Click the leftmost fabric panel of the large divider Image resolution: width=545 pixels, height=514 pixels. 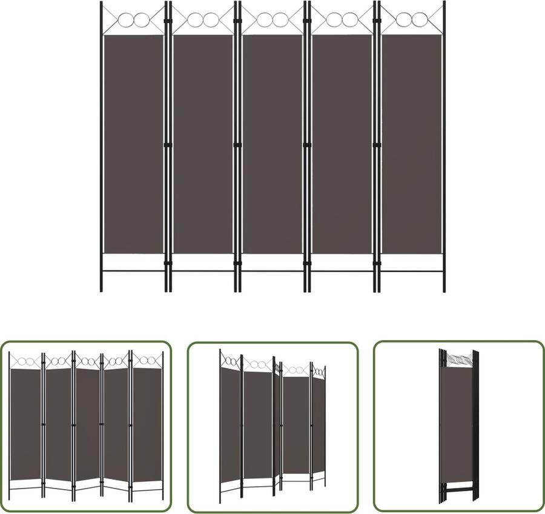tap(133, 144)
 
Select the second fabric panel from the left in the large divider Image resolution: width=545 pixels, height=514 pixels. tap(203, 144)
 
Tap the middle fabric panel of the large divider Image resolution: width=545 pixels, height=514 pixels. tap(272, 144)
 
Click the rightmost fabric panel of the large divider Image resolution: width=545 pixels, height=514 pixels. tap(412, 144)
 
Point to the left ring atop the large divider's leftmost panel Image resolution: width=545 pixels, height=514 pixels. tap(126, 20)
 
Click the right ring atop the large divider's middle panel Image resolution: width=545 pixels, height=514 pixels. tap(280, 20)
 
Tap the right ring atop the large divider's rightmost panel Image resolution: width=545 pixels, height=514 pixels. tap(420, 20)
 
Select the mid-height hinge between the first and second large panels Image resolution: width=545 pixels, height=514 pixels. tap(168, 145)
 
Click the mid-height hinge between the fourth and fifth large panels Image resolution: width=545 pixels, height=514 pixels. tap(376, 145)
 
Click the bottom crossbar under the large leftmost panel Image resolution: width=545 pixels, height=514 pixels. tap(133, 271)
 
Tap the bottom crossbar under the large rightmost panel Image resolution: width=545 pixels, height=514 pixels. tap(412, 271)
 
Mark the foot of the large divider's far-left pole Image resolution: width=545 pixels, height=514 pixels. tap(101, 290)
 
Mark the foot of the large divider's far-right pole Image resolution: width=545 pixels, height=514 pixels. tap(444, 290)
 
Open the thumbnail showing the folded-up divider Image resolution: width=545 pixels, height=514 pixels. tap(458, 426)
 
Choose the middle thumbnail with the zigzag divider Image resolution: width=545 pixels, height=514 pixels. tap(272, 426)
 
